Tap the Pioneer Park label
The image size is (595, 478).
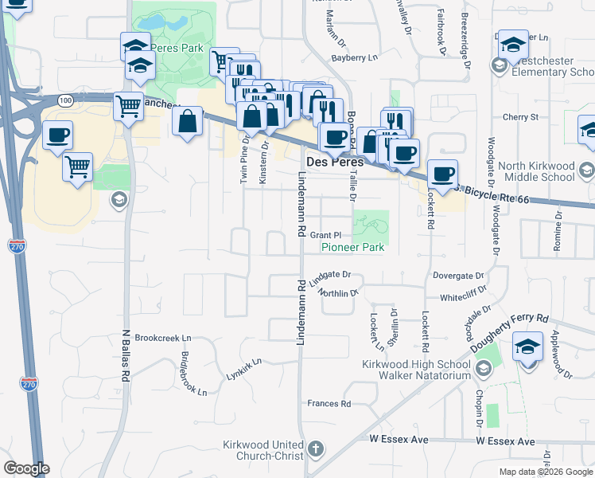tap(352, 247)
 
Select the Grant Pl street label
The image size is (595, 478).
tap(325, 235)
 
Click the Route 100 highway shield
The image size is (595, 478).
tap(65, 100)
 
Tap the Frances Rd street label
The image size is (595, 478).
tap(329, 404)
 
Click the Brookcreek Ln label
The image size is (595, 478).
tap(164, 338)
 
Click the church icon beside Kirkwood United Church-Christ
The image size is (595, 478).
tap(316, 448)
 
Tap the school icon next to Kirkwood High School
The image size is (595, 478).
tap(484, 369)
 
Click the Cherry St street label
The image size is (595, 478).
tap(521, 117)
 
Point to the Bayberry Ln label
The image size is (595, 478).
tap(353, 57)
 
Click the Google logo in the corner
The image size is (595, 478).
tap(26, 468)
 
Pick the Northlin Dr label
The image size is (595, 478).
tap(338, 293)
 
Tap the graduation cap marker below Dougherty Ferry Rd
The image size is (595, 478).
tap(527, 349)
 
